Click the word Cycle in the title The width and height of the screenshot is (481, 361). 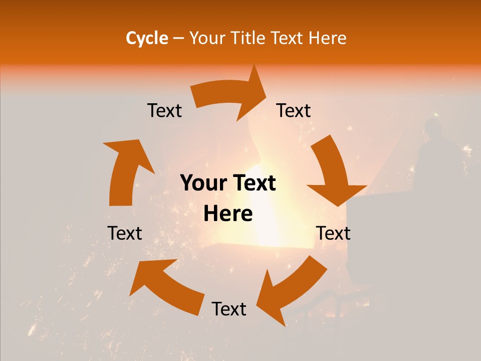[147, 38]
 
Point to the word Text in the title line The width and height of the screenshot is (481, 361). [289, 38]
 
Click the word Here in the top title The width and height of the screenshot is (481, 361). [328, 38]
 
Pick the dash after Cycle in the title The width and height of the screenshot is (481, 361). [178, 39]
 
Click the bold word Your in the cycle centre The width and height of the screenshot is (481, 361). [203, 183]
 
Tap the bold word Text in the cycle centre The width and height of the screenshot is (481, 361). [253, 183]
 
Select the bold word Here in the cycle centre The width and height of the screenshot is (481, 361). [228, 214]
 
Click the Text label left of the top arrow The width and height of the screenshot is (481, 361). [164, 110]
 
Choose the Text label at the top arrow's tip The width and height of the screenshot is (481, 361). [294, 110]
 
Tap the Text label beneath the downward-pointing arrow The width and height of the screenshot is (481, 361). [333, 233]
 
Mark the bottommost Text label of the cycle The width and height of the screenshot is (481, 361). [229, 309]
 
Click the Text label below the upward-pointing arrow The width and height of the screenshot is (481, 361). [125, 233]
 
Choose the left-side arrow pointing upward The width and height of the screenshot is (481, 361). [125, 170]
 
